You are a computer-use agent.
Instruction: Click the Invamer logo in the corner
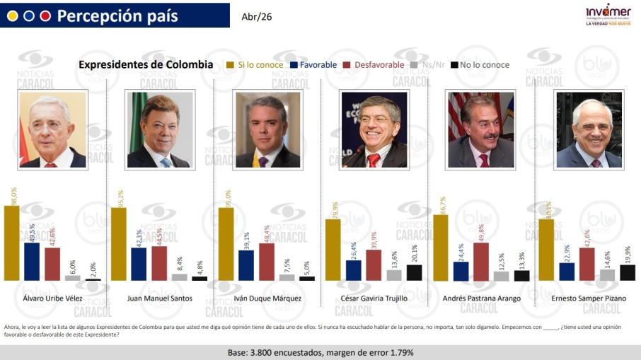(x=608, y=15)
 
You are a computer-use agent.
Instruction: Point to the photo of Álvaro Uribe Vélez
(x=52, y=129)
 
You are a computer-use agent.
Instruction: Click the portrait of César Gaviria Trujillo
(x=374, y=129)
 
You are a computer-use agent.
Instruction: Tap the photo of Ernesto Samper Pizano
(x=589, y=129)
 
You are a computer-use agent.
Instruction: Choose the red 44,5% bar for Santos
(x=159, y=263)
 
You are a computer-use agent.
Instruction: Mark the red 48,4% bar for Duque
(x=267, y=262)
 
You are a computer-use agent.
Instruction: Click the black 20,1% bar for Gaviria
(x=415, y=272)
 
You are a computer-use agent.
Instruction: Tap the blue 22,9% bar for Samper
(x=567, y=272)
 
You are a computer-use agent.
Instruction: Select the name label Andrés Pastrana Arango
(x=481, y=298)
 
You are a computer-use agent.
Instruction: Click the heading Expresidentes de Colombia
(x=146, y=65)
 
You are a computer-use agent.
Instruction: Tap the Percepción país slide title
(x=117, y=16)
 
